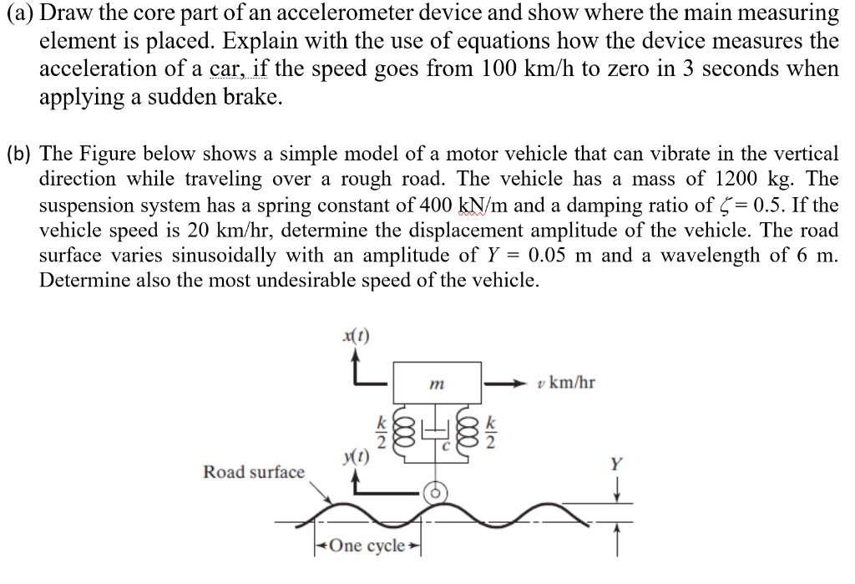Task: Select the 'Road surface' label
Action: pyautogui.click(x=255, y=472)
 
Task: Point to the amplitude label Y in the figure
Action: pyautogui.click(x=616, y=465)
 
